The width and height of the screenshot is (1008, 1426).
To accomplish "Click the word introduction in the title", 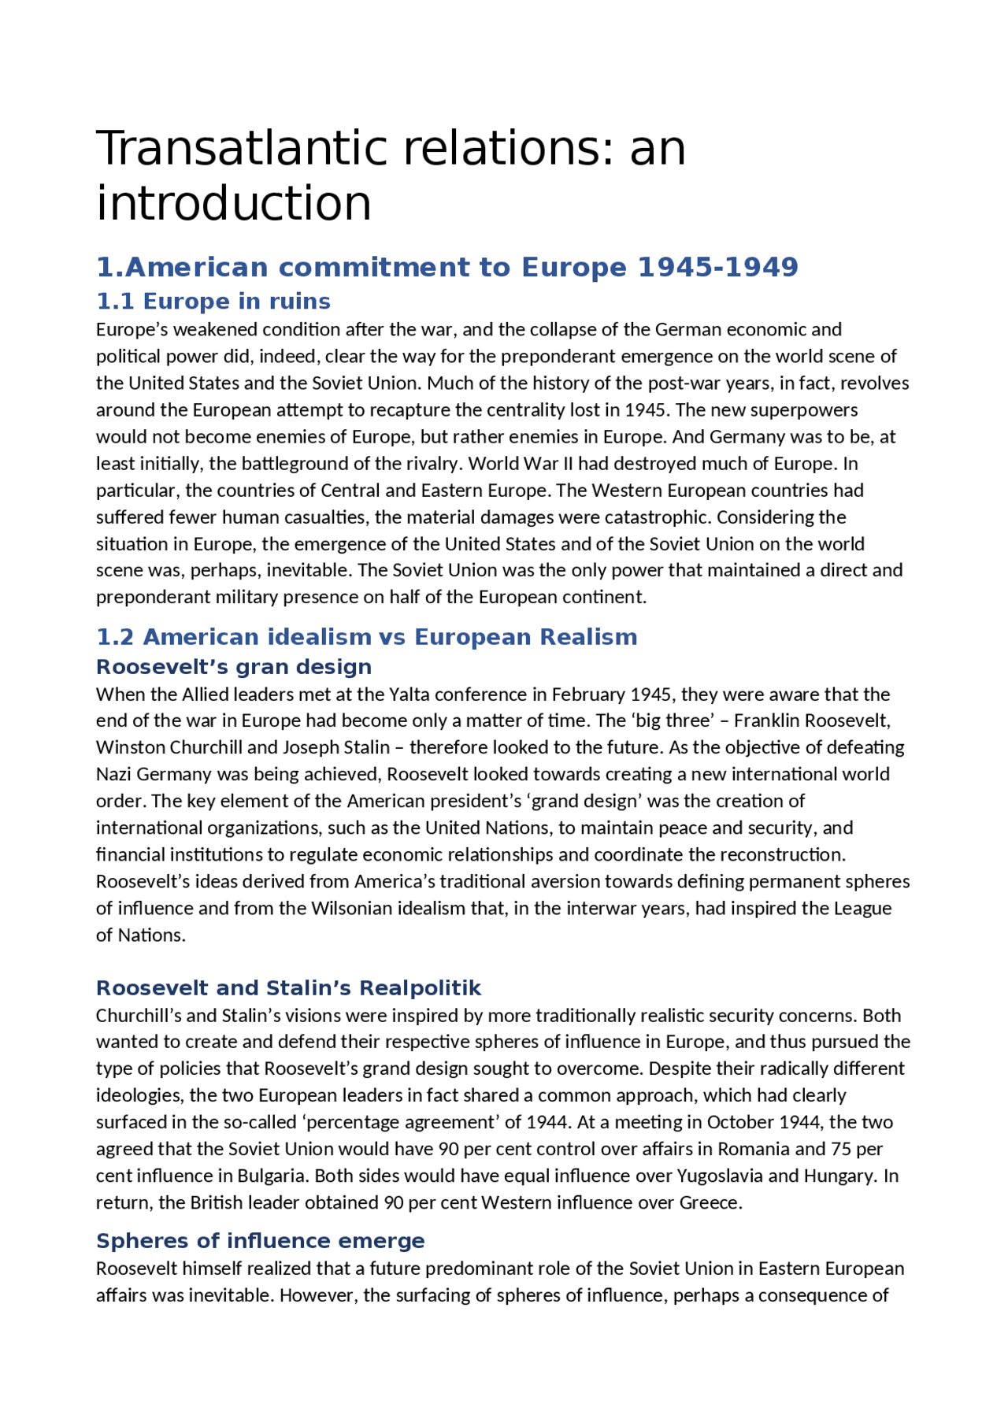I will pos(233,203).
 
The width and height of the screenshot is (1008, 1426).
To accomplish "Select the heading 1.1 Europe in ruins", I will pos(213,301).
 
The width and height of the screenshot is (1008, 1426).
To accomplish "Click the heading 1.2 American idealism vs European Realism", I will pos(366,636).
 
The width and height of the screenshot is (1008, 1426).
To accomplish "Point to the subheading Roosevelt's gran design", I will pos(233,666).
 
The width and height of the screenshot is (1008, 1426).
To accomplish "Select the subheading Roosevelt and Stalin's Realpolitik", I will pos(288,987).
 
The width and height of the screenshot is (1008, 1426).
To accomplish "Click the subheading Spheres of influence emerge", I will pos(260,1240).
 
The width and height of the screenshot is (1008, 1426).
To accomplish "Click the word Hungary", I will pos(839,1176).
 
